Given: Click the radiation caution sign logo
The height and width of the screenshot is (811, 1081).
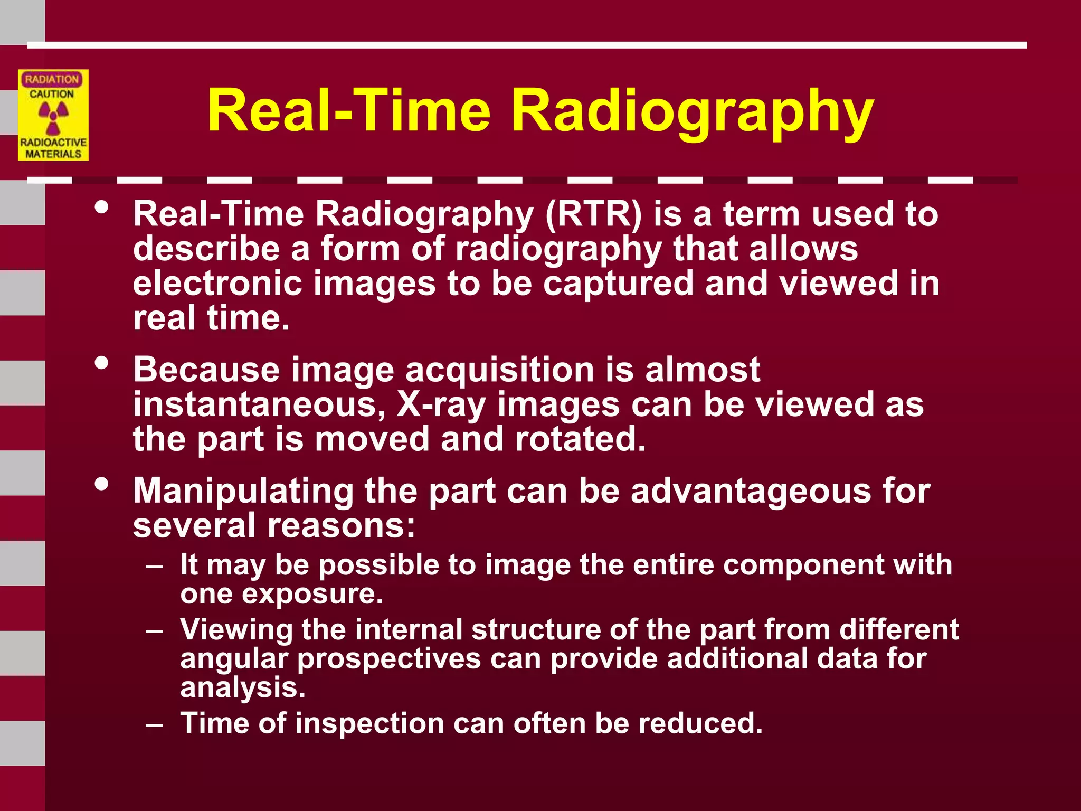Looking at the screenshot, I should click(53, 115).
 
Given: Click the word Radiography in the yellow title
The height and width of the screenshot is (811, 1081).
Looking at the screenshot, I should click(692, 112).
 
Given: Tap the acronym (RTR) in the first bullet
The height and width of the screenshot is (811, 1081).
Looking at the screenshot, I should click(593, 214).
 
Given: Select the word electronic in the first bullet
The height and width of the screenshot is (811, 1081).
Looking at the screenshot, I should click(217, 284).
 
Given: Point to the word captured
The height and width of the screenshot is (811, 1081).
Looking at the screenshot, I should click(618, 284).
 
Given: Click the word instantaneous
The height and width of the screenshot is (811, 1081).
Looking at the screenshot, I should click(258, 405).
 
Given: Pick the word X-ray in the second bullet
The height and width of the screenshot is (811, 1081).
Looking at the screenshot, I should click(441, 405).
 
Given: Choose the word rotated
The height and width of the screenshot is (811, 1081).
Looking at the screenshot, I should click(580, 439).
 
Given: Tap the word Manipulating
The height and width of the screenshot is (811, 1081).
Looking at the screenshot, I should click(243, 491).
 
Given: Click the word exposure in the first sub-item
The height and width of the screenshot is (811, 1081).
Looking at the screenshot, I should click(312, 594).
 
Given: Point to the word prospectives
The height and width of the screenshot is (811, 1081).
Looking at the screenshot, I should click(389, 659).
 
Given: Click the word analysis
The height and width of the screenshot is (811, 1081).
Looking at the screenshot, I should click(243, 688).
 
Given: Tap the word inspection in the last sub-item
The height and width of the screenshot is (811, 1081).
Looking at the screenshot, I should click(369, 723).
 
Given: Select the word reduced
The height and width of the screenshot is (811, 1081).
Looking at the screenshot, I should click(700, 723).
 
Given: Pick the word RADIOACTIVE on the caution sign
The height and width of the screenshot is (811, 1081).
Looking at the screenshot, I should click(53, 143).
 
